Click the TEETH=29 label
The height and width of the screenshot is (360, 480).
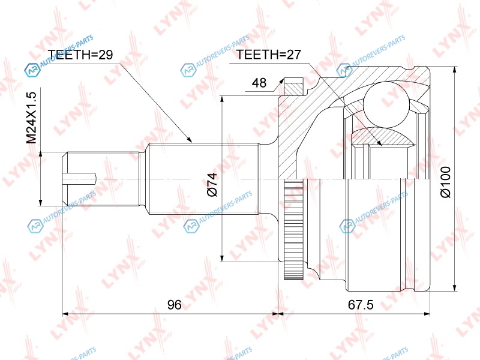[80, 55]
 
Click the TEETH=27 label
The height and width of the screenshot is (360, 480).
[268, 55]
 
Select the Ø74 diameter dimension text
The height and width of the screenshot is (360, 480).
[212, 184]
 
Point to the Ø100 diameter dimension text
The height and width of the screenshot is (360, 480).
[445, 182]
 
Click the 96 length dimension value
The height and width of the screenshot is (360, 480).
[175, 305]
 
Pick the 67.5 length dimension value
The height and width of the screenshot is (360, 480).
[361, 305]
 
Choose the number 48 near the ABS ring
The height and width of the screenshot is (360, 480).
[259, 83]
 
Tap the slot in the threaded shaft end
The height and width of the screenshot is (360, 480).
[79, 178]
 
